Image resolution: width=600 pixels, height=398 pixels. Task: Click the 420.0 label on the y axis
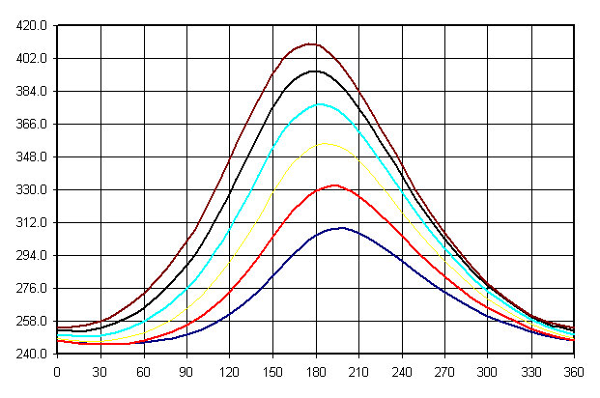(32, 26)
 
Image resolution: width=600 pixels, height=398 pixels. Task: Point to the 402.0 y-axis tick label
(32, 59)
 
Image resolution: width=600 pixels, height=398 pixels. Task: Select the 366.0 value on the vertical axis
(32, 125)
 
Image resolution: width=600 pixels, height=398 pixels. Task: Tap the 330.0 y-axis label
(32, 190)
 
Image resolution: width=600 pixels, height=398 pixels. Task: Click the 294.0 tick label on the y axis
(32, 256)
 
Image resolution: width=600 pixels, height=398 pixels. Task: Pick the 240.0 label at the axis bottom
(32, 355)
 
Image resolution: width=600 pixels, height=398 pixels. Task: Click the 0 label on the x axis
(57, 371)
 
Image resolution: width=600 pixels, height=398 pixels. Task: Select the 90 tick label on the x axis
(186, 371)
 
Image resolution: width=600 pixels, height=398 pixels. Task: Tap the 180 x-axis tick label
(316, 371)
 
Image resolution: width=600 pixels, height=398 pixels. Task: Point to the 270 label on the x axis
(445, 371)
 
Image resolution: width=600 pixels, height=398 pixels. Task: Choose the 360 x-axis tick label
(574, 371)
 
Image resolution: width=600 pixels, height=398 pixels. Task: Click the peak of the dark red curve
(310, 43)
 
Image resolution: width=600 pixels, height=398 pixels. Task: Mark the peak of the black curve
(314, 71)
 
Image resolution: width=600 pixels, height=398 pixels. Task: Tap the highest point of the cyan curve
(319, 103)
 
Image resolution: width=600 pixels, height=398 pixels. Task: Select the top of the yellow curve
(326, 143)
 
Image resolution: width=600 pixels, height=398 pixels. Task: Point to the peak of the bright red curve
(334, 185)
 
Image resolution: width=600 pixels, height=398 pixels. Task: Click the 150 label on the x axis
(272, 371)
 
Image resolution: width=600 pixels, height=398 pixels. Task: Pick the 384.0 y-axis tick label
(32, 92)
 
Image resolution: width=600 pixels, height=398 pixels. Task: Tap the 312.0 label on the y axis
(32, 223)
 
